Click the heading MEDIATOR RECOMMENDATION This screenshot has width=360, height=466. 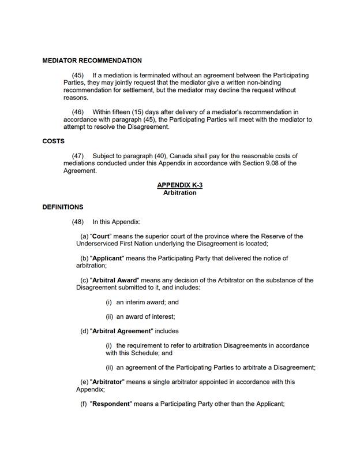tap(92, 61)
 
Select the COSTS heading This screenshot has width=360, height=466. tap(54, 141)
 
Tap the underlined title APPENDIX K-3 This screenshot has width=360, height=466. tap(179, 185)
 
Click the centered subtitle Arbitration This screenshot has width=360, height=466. tap(179, 193)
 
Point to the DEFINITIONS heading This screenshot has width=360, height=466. tap(63, 207)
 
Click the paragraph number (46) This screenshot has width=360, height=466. tap(78, 112)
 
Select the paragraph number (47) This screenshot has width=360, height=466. tap(78, 156)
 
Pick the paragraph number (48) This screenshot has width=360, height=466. tap(78, 222)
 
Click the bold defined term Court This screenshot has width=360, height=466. tap(101, 237)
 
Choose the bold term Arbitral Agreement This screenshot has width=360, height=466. tap(121, 331)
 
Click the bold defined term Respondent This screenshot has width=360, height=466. tap(111, 404)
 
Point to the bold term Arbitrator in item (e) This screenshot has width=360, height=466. tap(107, 382)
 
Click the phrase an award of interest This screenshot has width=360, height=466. tap(145, 316)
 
